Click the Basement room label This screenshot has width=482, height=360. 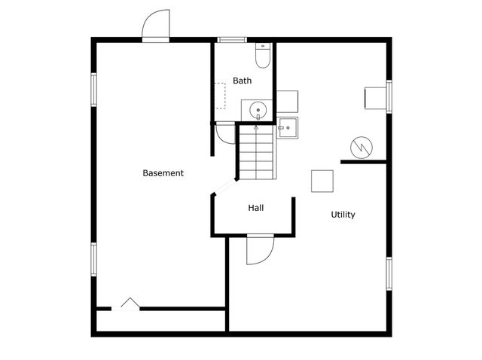[x=163, y=173]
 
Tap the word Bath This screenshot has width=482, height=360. [x=243, y=81]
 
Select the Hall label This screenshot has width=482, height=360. [x=256, y=208]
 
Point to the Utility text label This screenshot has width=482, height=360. [x=343, y=215]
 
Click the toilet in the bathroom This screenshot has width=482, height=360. [x=263, y=56]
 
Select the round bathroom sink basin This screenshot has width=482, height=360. [x=258, y=111]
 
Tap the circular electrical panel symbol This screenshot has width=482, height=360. [x=361, y=148]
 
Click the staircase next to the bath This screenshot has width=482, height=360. [x=256, y=152]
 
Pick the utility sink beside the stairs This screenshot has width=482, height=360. [x=287, y=128]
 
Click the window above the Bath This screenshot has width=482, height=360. [x=232, y=40]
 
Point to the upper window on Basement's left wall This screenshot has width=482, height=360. [x=93, y=90]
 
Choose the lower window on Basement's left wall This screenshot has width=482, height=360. [x=93, y=260]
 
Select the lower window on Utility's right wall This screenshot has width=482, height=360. [x=389, y=273]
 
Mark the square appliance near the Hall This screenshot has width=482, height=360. [x=322, y=181]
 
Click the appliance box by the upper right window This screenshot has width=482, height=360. [x=375, y=98]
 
